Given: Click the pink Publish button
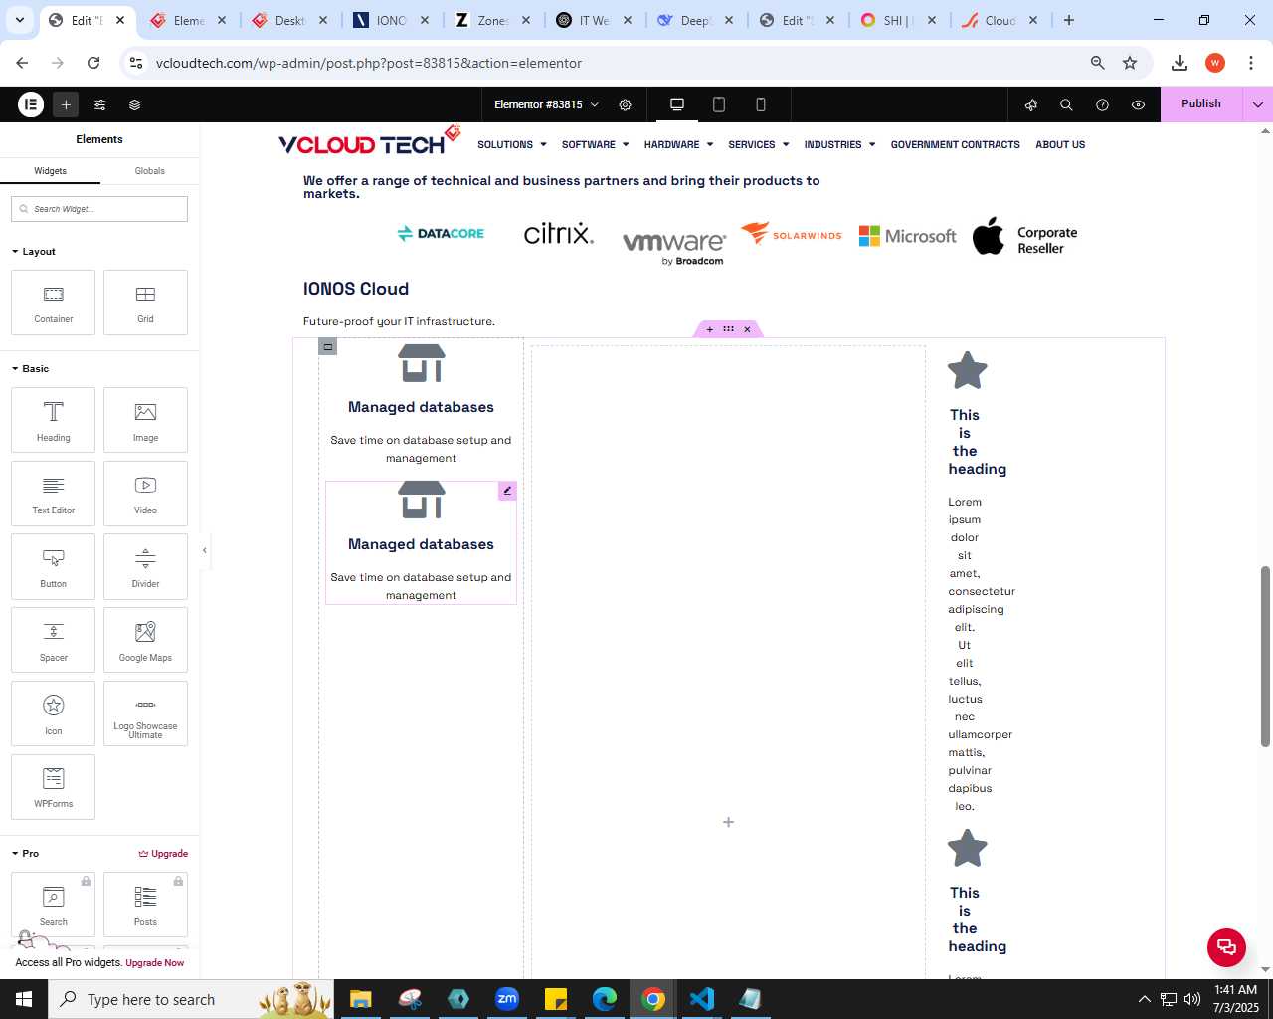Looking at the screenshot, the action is pos(1200,104).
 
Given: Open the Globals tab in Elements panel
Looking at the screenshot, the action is pos(149,170).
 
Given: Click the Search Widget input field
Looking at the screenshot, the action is pos(99,209).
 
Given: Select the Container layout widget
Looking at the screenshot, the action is pos(54,303).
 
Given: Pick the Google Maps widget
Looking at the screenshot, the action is pos(145,640).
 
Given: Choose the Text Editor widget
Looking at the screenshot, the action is pos(54,494).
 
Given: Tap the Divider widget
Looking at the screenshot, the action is pos(145,566).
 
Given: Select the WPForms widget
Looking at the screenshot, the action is pos(54,787).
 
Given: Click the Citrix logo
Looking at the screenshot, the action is pos(558,233).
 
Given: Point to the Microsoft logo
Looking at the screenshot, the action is pos(907,236).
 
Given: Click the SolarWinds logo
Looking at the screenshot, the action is pos(791,233).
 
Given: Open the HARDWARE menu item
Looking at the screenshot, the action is pos(678,144).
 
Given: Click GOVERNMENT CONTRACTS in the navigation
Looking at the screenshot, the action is pos(956,144).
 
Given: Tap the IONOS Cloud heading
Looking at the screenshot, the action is pos(356,289).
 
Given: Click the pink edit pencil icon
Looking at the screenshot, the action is pos(507,491).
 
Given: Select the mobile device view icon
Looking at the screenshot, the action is pos(761,104).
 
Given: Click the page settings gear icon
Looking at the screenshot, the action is pos(625,104).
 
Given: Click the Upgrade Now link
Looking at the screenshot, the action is pos(155,962).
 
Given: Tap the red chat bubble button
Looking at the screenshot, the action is pos(1226,947).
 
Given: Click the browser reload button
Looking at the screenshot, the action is pos(93,63).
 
